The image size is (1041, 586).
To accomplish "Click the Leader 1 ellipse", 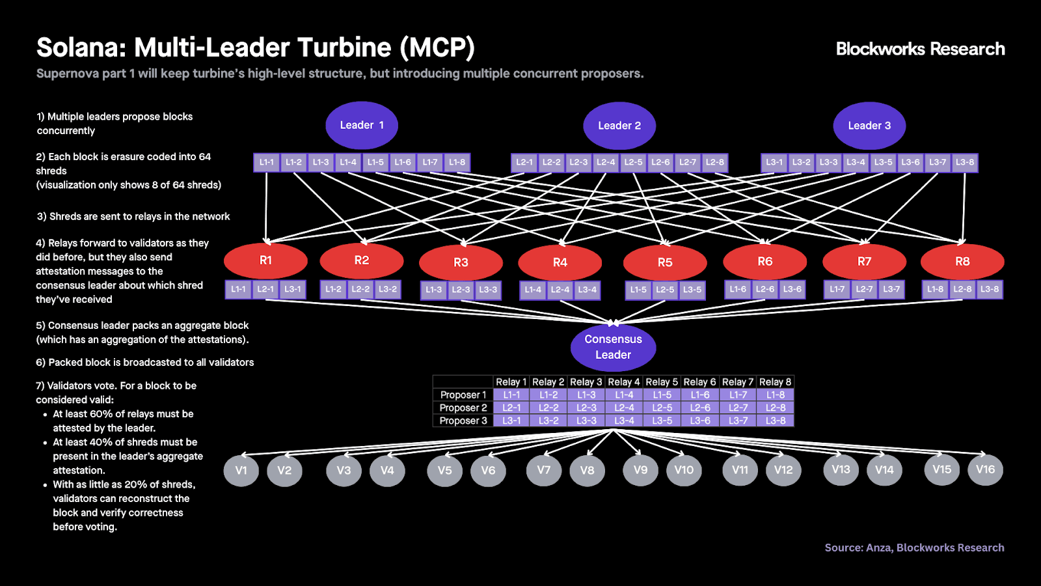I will [x=362, y=125].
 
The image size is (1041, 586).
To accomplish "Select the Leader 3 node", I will [x=869, y=126].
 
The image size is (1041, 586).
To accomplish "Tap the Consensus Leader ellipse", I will [x=613, y=347].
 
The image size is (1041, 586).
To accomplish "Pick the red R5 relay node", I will [x=665, y=262].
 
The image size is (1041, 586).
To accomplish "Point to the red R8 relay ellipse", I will [x=962, y=261].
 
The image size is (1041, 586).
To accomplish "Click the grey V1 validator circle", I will [x=241, y=470].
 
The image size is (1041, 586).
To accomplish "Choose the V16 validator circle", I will [x=985, y=469].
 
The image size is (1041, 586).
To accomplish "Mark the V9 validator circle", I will [x=641, y=469].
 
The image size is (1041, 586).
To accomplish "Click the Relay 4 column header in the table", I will [x=624, y=382].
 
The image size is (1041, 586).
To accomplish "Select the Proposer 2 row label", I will [x=463, y=408].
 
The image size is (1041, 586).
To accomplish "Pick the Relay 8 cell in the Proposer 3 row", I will [x=776, y=421].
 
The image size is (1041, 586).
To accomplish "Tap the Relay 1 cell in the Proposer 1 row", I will [x=511, y=395].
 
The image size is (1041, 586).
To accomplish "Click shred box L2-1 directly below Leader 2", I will [x=524, y=162].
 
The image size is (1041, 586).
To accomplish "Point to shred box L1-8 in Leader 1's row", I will [x=457, y=162].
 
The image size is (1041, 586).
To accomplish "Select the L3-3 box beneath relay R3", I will [x=488, y=290].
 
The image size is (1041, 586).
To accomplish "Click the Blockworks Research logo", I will [x=920, y=49].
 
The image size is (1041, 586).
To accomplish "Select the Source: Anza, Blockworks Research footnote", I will [x=914, y=548].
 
